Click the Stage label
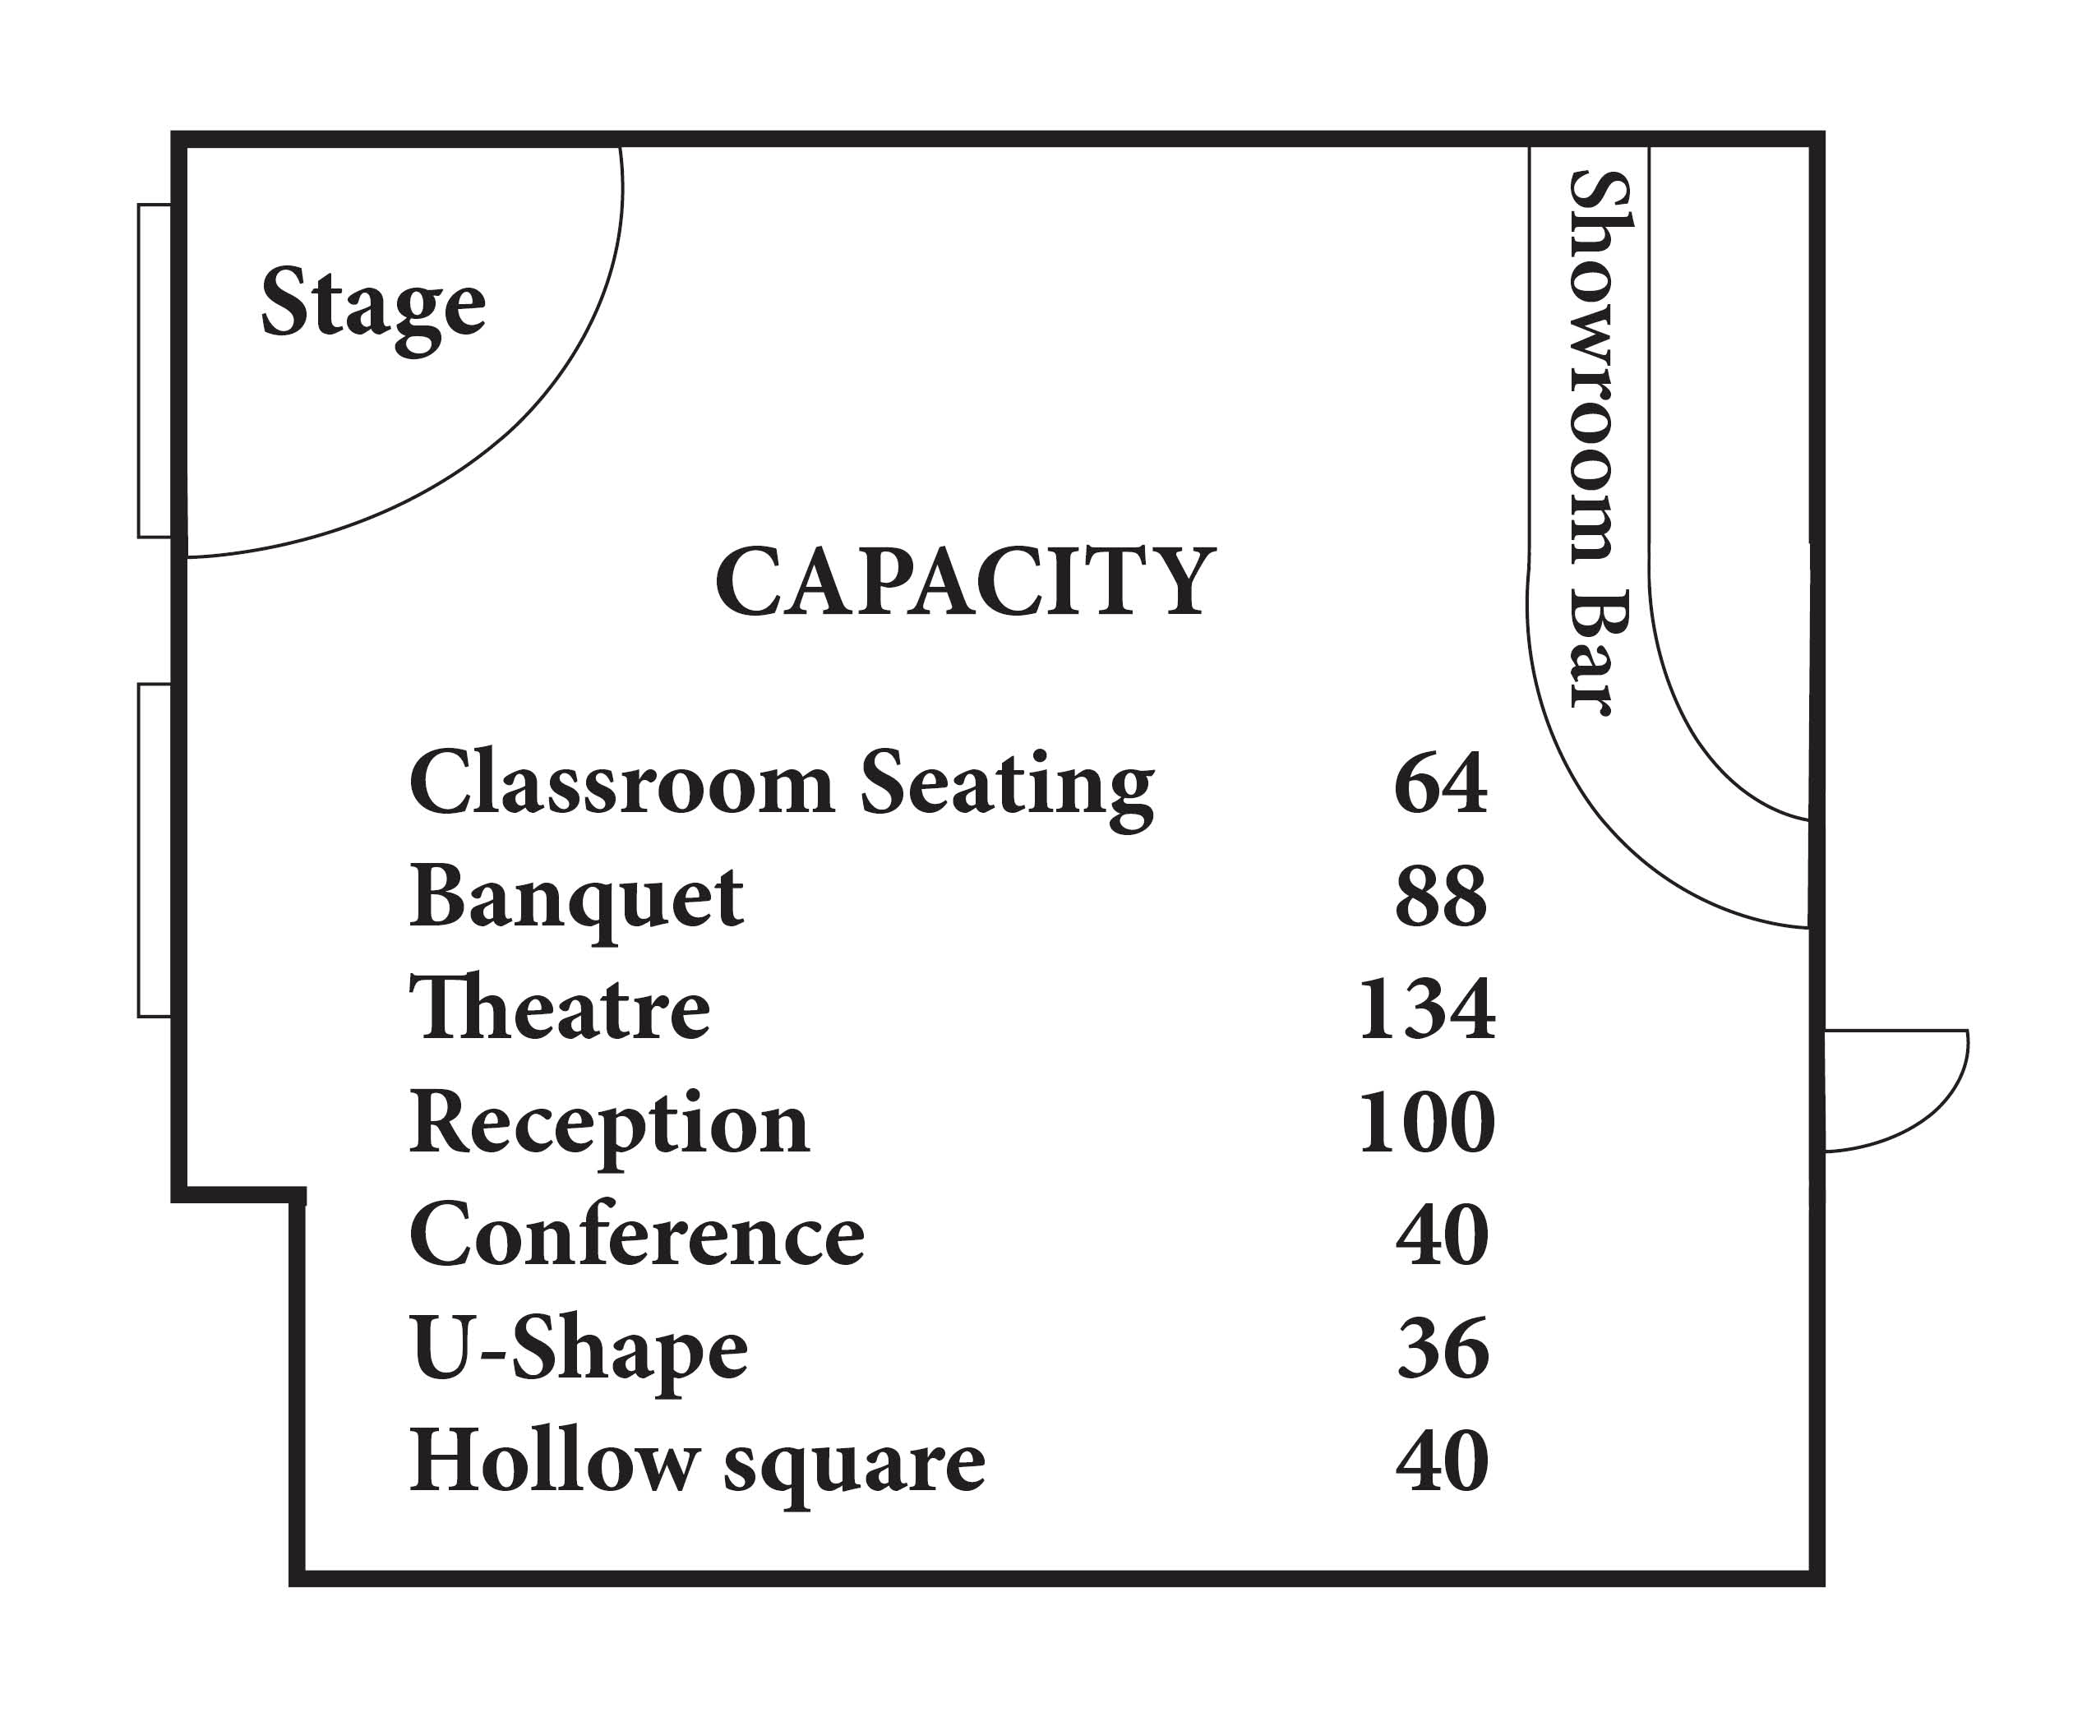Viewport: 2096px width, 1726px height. pos(373,308)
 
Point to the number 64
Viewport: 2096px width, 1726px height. pos(1441,783)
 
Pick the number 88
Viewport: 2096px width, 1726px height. pos(1441,897)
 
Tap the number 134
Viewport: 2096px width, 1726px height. pos(1427,1009)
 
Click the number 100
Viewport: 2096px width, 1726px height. pos(1427,1123)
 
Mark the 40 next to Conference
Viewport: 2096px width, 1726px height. pos(1442,1235)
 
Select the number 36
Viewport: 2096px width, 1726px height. pos(1443,1348)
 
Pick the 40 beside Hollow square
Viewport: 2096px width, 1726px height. pos(1442,1461)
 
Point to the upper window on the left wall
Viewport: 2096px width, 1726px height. pos(155,371)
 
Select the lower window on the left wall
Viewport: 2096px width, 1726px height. pos(155,850)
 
